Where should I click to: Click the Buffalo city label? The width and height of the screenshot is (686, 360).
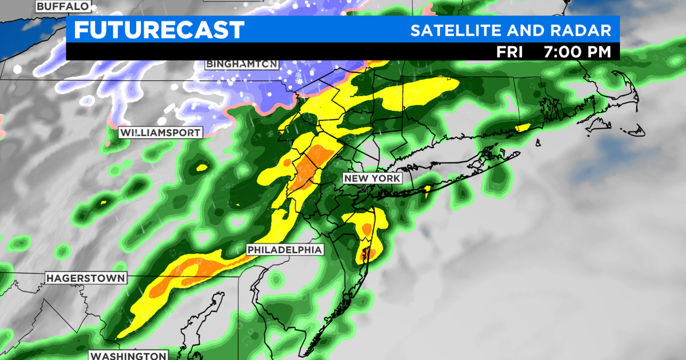63,6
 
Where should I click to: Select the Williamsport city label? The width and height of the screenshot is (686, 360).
160,133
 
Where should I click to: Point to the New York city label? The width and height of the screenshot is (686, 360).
372,179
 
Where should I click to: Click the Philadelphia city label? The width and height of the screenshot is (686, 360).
285,250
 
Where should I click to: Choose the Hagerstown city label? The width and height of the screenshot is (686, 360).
86,278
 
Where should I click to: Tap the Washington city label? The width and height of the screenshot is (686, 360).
127,355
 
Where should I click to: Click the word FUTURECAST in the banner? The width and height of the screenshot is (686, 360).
159,30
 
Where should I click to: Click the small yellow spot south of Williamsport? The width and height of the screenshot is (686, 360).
201,168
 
